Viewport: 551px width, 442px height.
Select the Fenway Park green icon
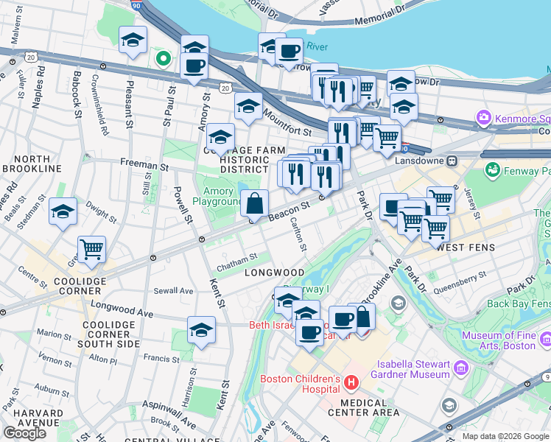[491, 170]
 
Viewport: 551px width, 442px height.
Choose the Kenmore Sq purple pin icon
[484, 117]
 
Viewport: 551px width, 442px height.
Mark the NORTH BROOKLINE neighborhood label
[31, 164]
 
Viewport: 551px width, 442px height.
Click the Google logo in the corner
[24, 433]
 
